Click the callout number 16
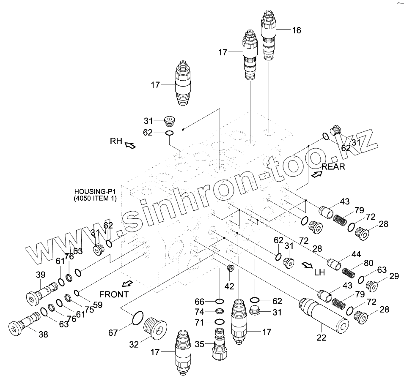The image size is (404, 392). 296,30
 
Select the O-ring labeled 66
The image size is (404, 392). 220,301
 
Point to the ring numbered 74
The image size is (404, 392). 220,312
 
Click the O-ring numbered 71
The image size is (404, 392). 220,322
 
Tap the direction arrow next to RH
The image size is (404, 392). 130,145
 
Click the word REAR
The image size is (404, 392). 333,166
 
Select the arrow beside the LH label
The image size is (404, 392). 307,265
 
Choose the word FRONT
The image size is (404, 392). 113,294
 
